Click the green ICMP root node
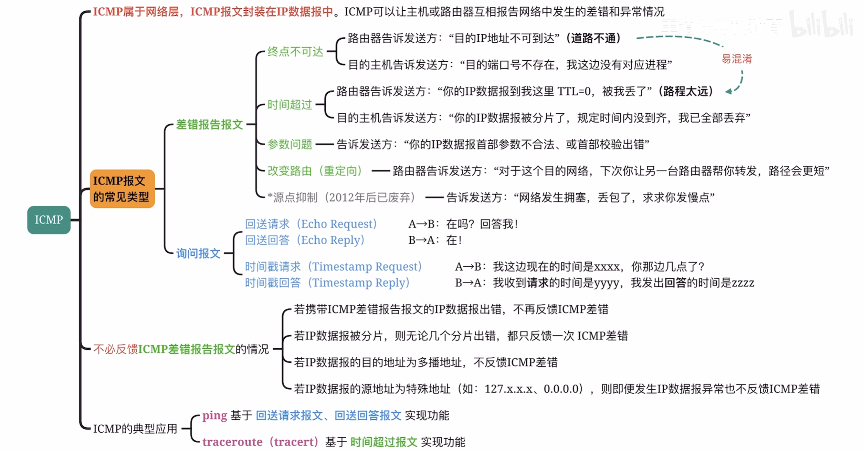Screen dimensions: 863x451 click(x=49, y=220)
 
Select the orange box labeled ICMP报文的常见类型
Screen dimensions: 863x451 click(x=122, y=189)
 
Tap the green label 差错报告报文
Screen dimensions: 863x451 click(x=209, y=124)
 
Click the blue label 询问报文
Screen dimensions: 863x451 click(x=198, y=253)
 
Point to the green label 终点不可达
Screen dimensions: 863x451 click(x=295, y=52)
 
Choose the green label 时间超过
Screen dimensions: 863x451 click(x=290, y=104)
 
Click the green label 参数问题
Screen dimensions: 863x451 click(x=290, y=144)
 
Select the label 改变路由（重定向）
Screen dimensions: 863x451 click(x=315, y=171)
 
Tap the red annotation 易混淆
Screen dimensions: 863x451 click(x=737, y=59)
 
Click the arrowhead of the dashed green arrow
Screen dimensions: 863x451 click(x=728, y=92)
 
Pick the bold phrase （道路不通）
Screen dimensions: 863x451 click(x=593, y=38)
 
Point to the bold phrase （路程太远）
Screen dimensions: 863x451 click(x=685, y=91)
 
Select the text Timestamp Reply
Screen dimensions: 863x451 click(x=358, y=283)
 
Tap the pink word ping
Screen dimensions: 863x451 click(x=214, y=416)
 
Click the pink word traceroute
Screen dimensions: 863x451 click(x=232, y=442)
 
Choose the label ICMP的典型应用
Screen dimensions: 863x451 click(x=135, y=429)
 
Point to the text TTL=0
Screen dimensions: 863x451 click(x=574, y=91)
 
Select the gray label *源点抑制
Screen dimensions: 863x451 click(x=292, y=197)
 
